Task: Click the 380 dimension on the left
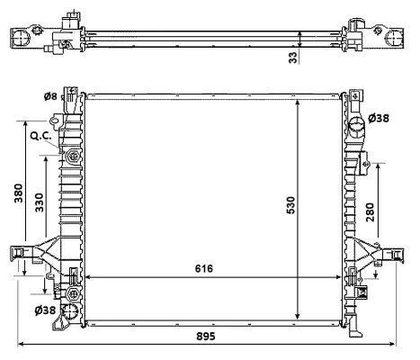point(18,195)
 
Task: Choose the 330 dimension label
point(40,203)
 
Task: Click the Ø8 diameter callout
point(51,97)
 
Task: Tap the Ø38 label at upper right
point(381,118)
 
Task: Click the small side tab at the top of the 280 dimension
point(367,163)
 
